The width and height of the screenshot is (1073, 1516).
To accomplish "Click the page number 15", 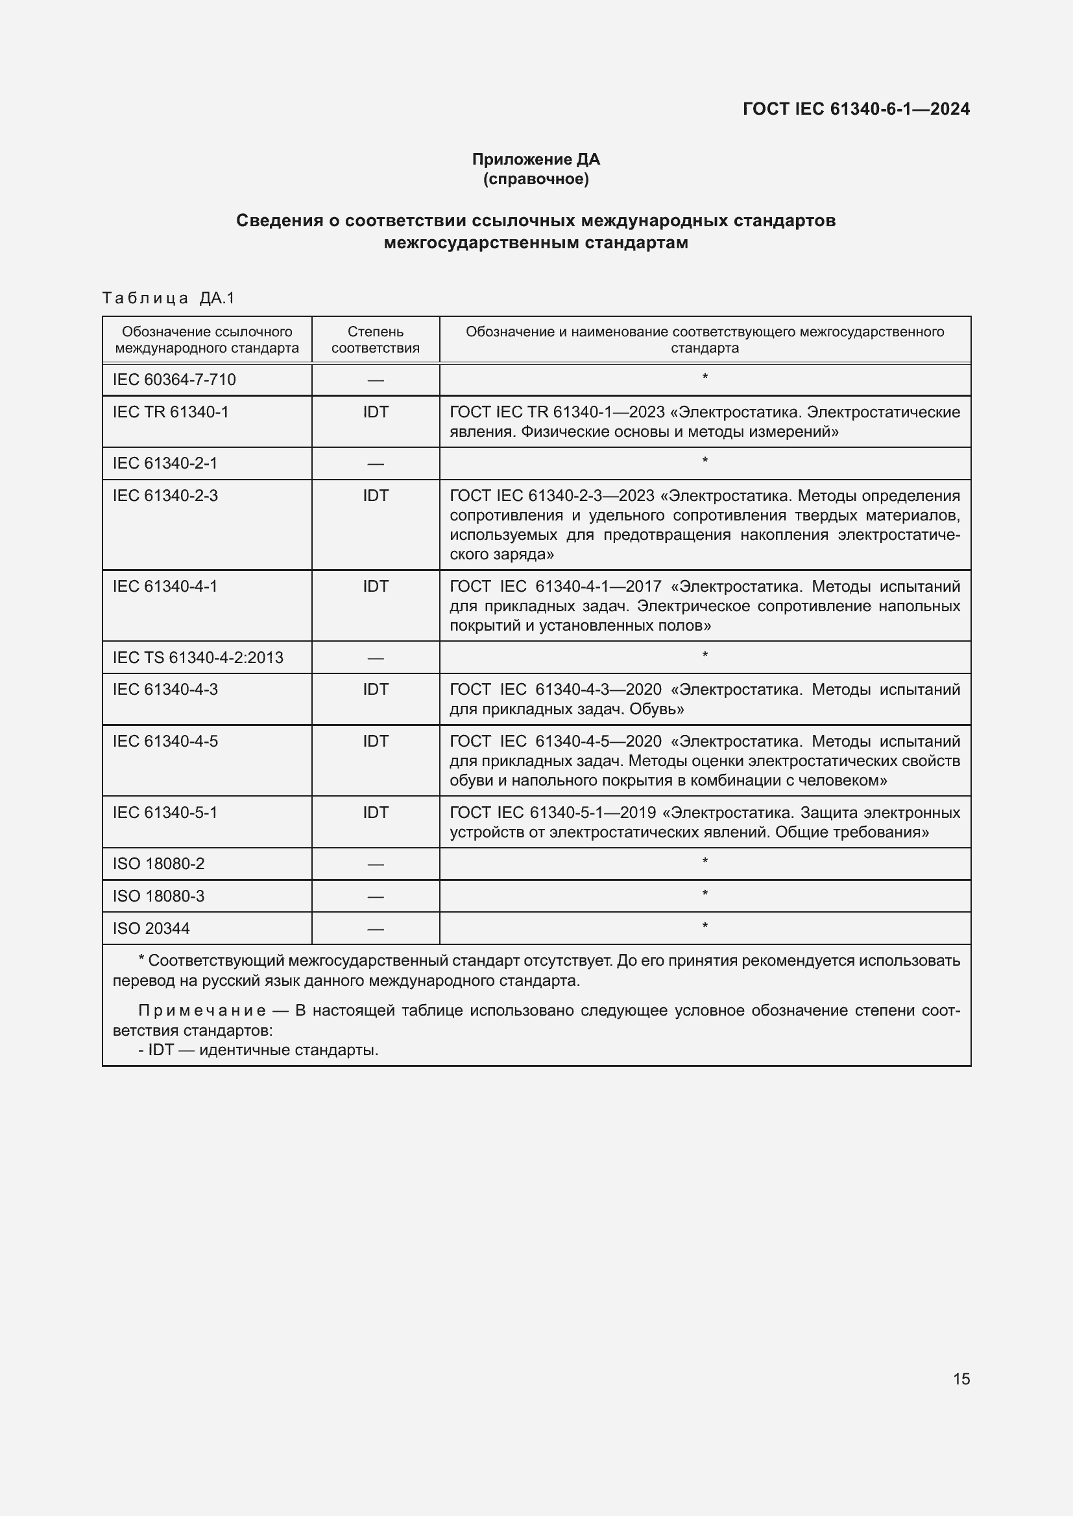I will [x=961, y=1378].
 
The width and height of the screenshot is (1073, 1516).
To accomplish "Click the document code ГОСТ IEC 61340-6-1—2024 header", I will [x=856, y=109].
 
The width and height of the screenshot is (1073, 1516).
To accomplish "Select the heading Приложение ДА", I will [x=536, y=159].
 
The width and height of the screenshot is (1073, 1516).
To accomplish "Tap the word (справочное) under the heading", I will [x=536, y=179].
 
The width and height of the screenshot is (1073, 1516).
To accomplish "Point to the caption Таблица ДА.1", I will [x=169, y=298].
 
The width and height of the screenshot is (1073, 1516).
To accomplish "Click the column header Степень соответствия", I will [x=375, y=340].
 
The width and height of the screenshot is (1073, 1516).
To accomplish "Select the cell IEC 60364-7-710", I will [x=174, y=380].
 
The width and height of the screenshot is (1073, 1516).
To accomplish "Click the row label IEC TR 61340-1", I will [x=171, y=412].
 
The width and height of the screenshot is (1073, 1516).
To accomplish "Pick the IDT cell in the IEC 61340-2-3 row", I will [x=375, y=496].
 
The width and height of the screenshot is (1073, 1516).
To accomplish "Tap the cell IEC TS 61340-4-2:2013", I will [x=198, y=658].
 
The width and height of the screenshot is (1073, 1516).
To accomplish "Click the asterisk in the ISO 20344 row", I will [x=705, y=926].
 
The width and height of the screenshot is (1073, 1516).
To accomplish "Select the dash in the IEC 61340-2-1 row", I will [x=375, y=464].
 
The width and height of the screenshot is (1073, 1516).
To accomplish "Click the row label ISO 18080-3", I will [x=158, y=896].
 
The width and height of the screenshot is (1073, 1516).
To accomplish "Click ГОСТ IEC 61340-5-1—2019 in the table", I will [x=552, y=813].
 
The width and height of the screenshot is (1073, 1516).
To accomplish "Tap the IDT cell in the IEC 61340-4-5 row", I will [x=375, y=741].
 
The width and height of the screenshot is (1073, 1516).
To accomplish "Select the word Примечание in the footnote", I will [x=202, y=1011].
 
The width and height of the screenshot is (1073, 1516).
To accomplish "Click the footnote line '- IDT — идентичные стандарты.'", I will [x=258, y=1050].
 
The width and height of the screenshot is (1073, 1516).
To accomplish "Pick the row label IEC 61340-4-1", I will [x=165, y=587].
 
